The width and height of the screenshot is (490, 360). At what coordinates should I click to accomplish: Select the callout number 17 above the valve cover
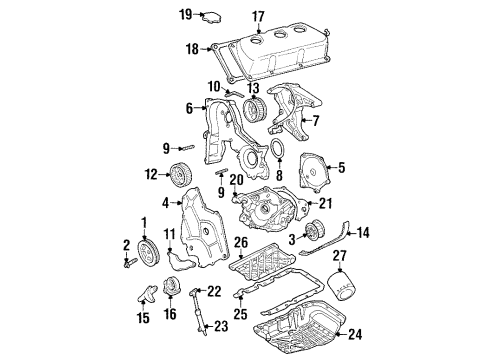click(258, 16)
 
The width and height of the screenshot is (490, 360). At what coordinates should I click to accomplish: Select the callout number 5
click(340, 168)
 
